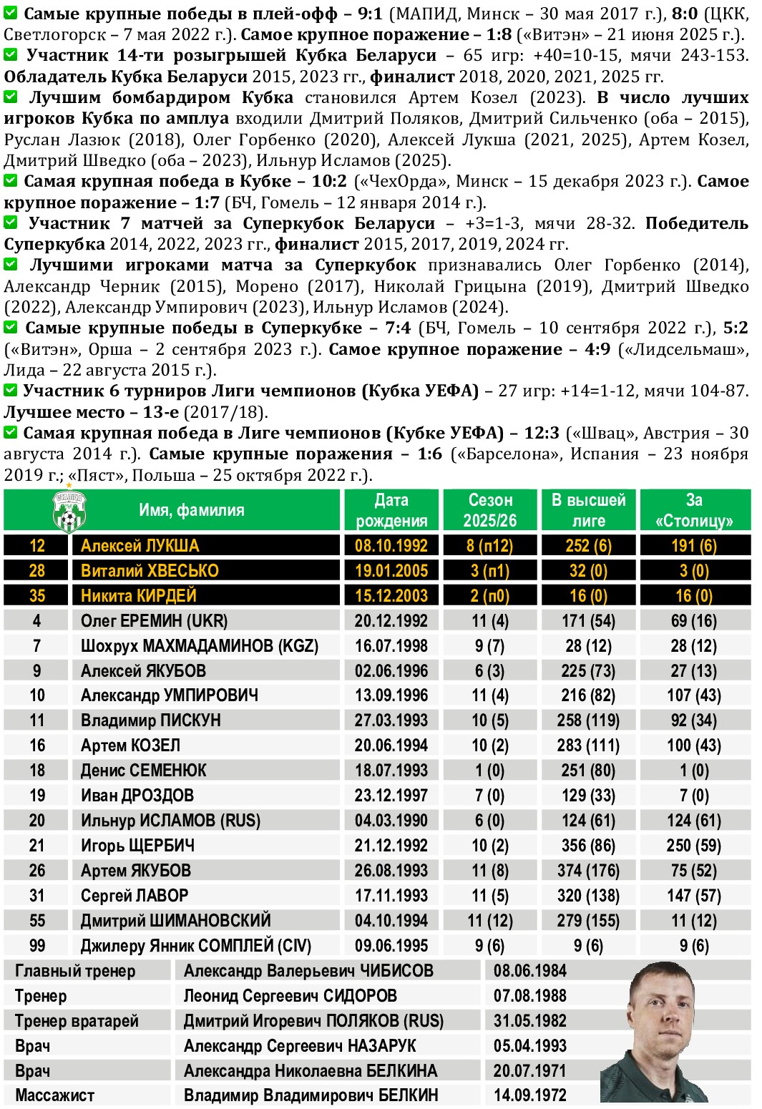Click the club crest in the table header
pos(69,511)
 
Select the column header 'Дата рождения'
pos(391,510)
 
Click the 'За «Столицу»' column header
pos(694,510)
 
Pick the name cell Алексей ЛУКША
pos(140,546)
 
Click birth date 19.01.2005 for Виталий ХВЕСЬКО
pos(391,571)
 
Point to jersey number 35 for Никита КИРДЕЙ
pos(37,596)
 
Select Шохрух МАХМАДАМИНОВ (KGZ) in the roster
pos(199,646)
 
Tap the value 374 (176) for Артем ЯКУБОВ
pos(588,871)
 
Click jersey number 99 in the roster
pos(37,946)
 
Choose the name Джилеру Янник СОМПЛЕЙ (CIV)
pos(195,946)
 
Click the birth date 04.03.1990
pos(391,821)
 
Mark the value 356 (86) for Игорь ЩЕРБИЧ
pos(588,846)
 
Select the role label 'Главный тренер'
pos(75,971)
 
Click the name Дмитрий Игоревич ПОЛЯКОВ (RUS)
pos(313,1021)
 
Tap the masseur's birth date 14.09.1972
pos(529,1095)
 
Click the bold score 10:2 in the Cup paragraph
pos(329,182)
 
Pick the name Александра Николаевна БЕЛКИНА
pos(310,1071)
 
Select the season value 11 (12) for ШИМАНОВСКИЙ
pos(490,921)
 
